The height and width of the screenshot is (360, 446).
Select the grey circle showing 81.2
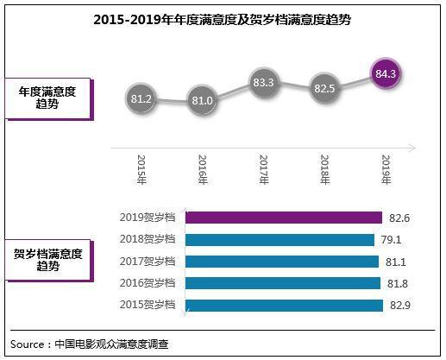point(141,99)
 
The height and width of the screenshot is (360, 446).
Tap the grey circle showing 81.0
point(202,100)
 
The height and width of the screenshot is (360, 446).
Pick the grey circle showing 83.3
point(263,83)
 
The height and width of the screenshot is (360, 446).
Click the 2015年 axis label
point(141,169)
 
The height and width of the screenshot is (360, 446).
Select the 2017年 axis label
point(263,169)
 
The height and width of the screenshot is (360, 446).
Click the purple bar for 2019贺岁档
point(283,218)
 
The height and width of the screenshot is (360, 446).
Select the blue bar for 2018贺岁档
point(280,239)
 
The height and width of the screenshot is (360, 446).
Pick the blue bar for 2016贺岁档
point(282,283)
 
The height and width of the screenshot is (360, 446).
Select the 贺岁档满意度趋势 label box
point(49,261)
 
